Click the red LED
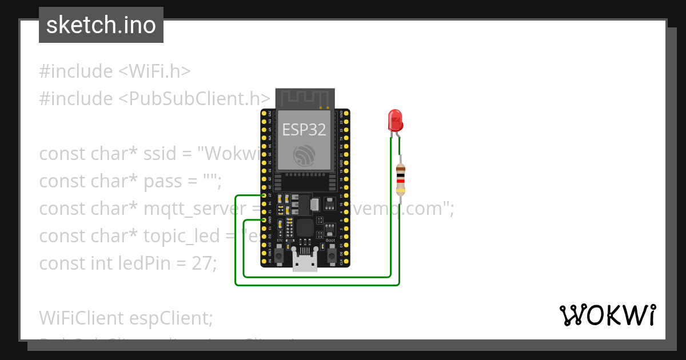click(395, 121)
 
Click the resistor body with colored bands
click(401, 179)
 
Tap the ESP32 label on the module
click(304, 130)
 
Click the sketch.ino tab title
click(101, 25)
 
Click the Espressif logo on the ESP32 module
click(304, 155)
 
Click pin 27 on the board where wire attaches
click(264, 195)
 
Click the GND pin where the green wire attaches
click(264, 220)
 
